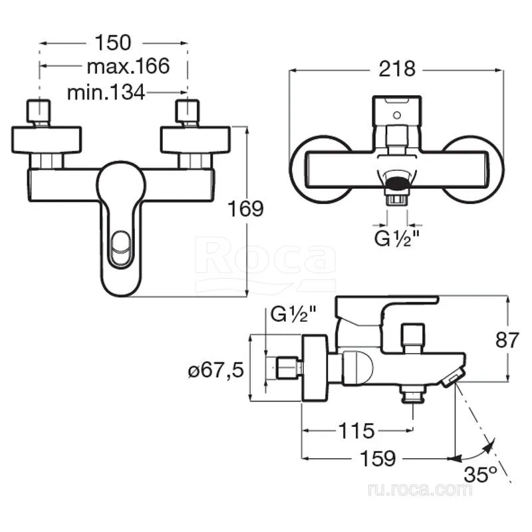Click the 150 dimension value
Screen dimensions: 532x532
click(112, 43)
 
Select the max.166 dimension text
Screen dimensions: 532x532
click(128, 66)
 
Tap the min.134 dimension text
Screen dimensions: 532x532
click(106, 92)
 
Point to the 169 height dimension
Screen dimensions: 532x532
click(245, 209)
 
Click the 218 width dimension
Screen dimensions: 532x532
click(396, 69)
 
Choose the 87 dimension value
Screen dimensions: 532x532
click(507, 340)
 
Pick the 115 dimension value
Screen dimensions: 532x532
click(357, 431)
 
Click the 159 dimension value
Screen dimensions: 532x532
click(378, 459)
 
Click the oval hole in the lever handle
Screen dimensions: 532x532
click(121, 248)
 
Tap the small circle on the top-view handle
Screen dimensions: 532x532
click(397, 116)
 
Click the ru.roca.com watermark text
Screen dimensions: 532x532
click(420, 489)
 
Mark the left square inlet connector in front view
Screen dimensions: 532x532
click(39, 111)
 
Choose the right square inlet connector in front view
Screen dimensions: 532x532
click(188, 111)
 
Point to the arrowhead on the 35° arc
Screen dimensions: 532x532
click(489, 447)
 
